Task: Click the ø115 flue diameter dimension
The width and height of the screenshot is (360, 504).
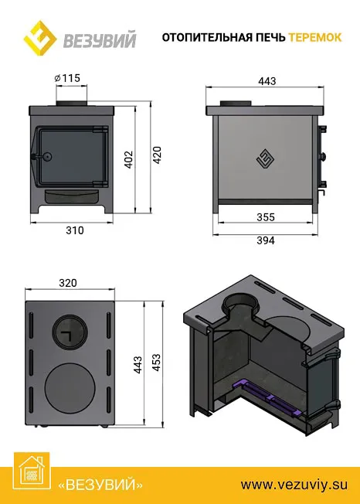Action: pyautogui.click(x=67, y=78)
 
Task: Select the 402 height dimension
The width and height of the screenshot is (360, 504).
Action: pyautogui.click(x=128, y=159)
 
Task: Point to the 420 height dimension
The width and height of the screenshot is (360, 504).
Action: pyautogui.click(x=157, y=155)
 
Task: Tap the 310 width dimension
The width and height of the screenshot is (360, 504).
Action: pyautogui.click(x=75, y=230)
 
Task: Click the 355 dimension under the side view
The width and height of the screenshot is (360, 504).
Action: pyautogui.click(x=266, y=217)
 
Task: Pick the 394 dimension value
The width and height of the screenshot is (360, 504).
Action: pyautogui.click(x=266, y=240)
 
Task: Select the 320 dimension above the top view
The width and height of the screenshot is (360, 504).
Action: pyautogui.click(x=68, y=283)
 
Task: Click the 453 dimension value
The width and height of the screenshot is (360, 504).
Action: pyautogui.click(x=156, y=363)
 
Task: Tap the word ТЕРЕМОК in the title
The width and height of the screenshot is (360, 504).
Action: pyautogui.click(x=315, y=37)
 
